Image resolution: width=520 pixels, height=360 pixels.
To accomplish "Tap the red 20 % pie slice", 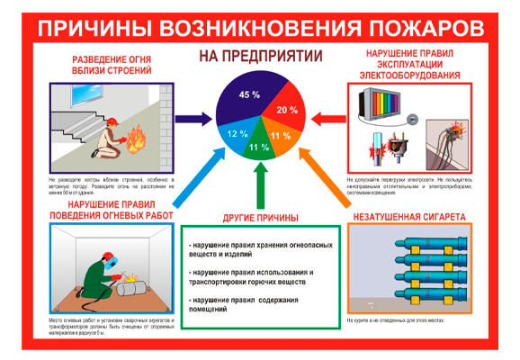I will [287, 108].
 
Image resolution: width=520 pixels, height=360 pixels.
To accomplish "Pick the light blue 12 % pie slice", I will [233, 135].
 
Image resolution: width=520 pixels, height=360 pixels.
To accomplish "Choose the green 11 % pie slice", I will [254, 148].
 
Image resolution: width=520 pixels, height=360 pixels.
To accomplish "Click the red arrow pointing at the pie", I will [326, 117].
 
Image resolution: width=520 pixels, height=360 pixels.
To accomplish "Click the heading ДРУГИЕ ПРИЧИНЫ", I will [259, 219].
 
